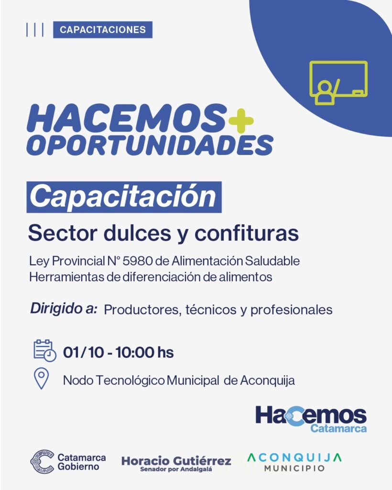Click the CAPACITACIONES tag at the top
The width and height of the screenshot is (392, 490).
point(103,30)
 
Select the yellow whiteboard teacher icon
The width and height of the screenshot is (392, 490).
point(338,83)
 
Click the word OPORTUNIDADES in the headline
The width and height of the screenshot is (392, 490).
point(150,145)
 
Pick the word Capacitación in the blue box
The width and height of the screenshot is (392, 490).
point(123,197)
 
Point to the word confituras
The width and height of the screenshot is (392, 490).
point(247,233)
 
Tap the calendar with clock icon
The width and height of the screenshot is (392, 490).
point(44,351)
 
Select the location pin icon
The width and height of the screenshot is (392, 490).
point(41,379)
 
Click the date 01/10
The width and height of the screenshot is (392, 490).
point(83,352)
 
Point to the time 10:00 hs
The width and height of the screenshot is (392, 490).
point(144,352)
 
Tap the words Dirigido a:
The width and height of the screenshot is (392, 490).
point(64,309)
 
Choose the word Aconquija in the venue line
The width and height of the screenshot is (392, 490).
point(268,380)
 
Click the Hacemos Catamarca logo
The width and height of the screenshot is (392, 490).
point(311,419)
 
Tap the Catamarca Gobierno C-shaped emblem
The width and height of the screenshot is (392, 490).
point(42,462)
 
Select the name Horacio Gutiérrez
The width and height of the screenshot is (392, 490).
point(176,461)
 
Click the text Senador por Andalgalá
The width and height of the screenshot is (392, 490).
point(176,469)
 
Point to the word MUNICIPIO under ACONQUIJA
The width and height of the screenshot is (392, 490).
point(294,468)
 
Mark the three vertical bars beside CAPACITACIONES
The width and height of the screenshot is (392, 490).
point(34,30)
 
